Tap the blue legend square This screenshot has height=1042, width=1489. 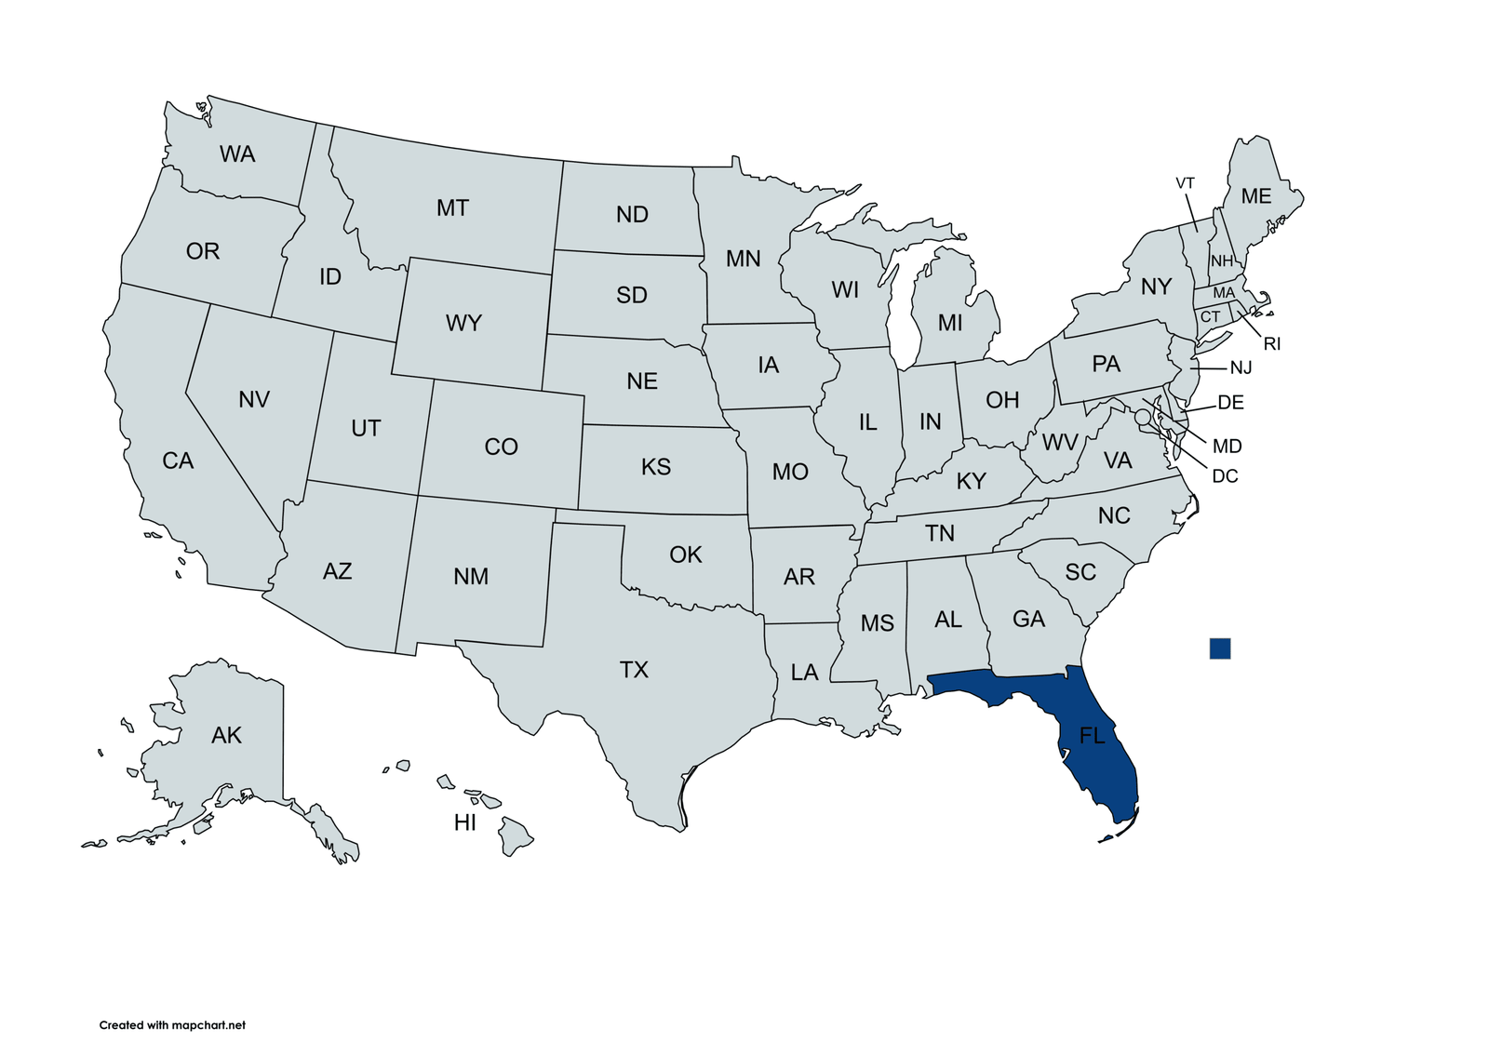(x=1219, y=648)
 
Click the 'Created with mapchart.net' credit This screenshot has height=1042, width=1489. (x=172, y=1025)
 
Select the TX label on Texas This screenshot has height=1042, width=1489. (x=634, y=670)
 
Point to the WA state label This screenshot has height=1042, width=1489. (x=237, y=154)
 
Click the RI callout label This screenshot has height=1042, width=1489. (x=1272, y=344)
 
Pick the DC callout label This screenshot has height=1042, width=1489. (x=1225, y=476)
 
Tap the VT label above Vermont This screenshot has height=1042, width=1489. (x=1185, y=183)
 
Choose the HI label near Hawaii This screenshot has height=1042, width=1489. (x=465, y=822)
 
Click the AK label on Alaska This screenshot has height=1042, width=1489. (x=226, y=736)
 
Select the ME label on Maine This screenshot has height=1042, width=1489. (x=1256, y=196)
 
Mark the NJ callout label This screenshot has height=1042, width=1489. (x=1241, y=368)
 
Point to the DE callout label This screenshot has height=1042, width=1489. (x=1230, y=403)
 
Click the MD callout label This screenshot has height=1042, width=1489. (x=1227, y=447)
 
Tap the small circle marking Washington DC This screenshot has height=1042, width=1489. (x=1143, y=417)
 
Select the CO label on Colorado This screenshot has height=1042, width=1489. (x=501, y=448)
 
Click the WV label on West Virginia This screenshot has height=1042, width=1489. (x=1059, y=443)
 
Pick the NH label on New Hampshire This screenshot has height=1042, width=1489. (x=1221, y=261)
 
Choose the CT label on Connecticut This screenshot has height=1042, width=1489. (x=1210, y=317)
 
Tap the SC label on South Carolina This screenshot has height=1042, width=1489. (x=1080, y=572)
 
